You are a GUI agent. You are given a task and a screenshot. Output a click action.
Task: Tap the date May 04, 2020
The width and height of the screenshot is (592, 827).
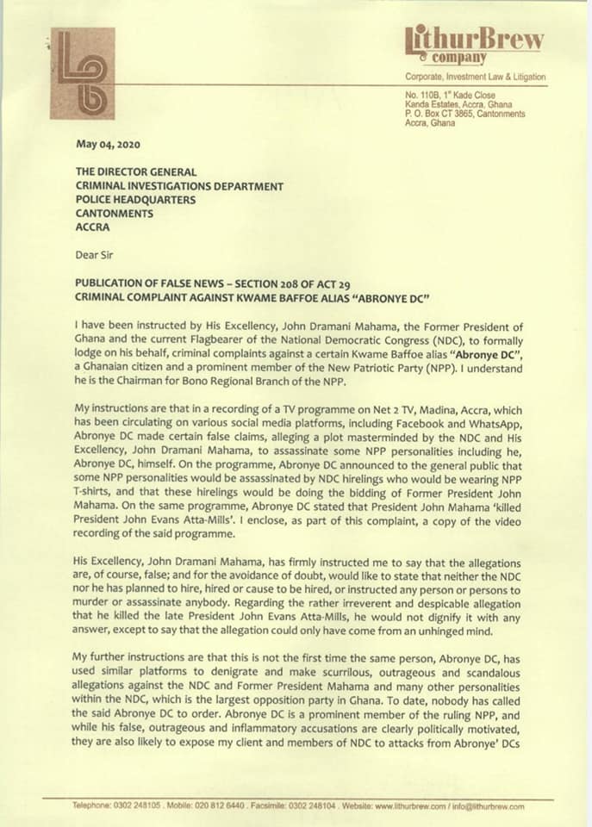106,144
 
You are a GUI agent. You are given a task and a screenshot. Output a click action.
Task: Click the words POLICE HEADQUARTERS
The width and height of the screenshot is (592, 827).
134,199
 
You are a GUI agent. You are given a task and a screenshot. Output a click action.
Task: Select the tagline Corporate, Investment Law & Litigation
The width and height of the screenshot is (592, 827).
475,78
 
